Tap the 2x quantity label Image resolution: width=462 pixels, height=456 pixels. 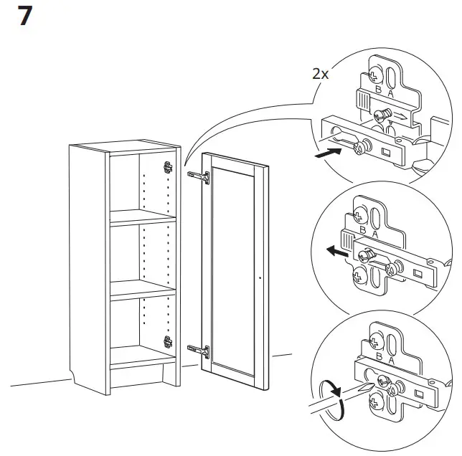pyautogui.click(x=321, y=73)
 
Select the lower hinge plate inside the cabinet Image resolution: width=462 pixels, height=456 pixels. pyautogui.click(x=169, y=343)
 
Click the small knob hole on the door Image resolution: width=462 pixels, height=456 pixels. pyautogui.click(x=259, y=276)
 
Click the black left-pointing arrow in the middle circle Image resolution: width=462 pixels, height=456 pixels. pyautogui.click(x=333, y=251)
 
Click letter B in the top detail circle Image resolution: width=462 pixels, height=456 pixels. pyautogui.click(x=377, y=92)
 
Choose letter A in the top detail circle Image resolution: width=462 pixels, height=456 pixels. pyautogui.click(x=390, y=93)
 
